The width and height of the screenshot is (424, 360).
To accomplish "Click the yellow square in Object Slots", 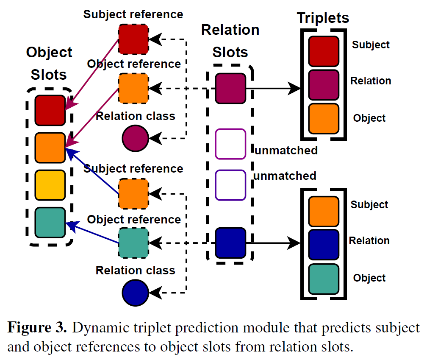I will point(50,185).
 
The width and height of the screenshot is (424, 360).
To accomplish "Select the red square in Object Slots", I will point(50,110).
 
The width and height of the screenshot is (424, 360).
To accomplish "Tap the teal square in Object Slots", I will point(50,222).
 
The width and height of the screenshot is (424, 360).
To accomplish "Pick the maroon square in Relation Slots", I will point(230,89).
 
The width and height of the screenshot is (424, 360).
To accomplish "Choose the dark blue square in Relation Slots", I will point(230,243).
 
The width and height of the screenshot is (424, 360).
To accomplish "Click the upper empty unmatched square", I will point(230,144).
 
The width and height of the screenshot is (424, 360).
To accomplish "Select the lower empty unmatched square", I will point(230,185).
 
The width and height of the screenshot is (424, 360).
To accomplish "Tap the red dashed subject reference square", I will point(133,39).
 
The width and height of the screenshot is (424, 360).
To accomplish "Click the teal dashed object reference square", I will point(133,243).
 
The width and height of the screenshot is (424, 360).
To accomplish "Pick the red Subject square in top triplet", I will point(324,51).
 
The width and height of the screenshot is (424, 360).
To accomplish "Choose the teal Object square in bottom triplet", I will point(324,279).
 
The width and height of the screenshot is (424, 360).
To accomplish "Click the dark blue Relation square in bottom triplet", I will point(324,244).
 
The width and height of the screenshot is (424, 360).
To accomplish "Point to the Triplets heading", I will point(323,18).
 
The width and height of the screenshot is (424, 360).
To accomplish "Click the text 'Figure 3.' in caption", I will point(37,328).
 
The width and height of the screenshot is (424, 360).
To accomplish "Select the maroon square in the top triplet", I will point(324,84).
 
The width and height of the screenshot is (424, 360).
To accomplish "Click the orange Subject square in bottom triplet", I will point(324,211).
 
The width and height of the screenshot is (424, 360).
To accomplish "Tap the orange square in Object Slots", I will point(50,148).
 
